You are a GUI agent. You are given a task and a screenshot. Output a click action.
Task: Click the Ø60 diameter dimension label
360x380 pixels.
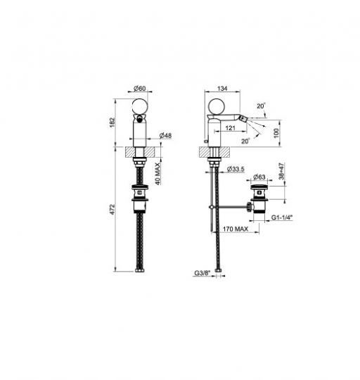(x=140, y=89)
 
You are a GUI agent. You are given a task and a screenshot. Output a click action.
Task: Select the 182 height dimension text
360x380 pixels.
(x=112, y=122)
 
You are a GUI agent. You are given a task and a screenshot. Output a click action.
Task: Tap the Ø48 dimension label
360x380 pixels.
(x=165, y=136)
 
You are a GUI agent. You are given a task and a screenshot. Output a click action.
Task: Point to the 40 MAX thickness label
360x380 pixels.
(x=157, y=174)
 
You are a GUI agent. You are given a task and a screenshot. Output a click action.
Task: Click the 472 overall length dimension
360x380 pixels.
(x=112, y=210)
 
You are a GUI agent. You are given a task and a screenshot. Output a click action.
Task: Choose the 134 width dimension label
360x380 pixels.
(x=222, y=89)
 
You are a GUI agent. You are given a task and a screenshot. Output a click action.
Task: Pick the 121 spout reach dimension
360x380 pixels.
(x=230, y=127)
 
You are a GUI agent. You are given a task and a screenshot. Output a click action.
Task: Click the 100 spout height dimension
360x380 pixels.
(x=276, y=133)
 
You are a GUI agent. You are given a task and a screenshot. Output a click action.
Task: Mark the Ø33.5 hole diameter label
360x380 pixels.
(x=236, y=169)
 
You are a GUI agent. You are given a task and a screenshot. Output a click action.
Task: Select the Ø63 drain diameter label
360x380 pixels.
(x=259, y=177)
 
